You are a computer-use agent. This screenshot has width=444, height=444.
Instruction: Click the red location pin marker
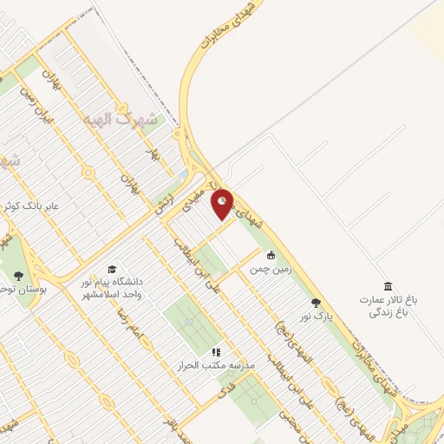(x=223, y=202)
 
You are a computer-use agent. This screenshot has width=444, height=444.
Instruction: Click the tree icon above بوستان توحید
(x=18, y=275)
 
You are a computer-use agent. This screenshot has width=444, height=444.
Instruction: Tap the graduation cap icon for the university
(x=111, y=270)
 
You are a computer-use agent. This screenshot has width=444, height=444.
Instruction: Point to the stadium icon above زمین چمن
(x=271, y=255)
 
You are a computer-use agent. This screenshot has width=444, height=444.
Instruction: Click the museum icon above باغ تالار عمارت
(x=387, y=285)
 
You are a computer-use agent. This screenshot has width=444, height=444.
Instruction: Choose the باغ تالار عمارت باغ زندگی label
(x=389, y=305)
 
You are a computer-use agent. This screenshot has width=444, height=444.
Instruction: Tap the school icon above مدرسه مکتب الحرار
(x=216, y=352)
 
